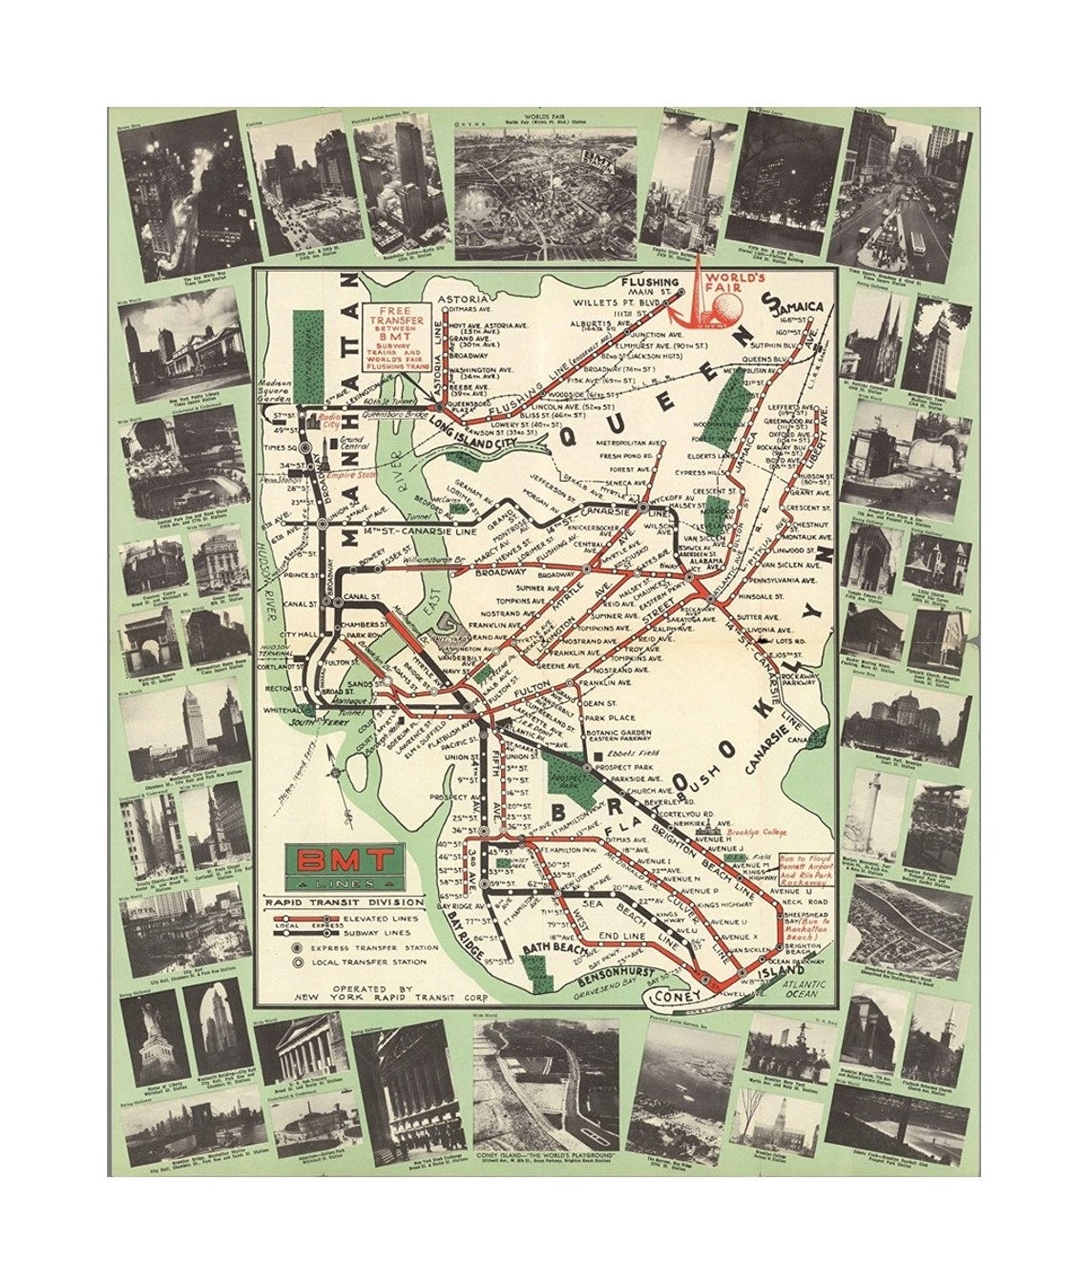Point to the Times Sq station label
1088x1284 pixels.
click(x=283, y=448)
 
